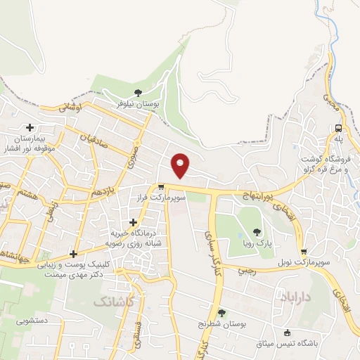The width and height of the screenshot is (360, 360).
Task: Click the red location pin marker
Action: click(181, 166)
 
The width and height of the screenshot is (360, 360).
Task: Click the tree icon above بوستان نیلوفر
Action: click(138, 91)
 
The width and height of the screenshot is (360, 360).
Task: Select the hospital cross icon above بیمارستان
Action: click(30, 127)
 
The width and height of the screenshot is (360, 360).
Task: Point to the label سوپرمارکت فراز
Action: click(162, 199)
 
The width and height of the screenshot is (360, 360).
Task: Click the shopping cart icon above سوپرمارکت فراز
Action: click(162, 188)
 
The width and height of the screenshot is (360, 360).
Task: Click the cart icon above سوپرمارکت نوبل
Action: click(303, 251)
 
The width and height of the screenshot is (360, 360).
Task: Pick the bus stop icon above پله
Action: click(339, 128)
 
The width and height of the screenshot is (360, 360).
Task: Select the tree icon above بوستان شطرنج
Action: click(221, 313)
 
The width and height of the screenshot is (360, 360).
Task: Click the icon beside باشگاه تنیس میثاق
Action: click(287, 333)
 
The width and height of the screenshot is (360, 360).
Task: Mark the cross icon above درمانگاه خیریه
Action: click(134, 222)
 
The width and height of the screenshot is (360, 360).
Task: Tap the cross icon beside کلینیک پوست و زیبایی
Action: click(74, 254)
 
